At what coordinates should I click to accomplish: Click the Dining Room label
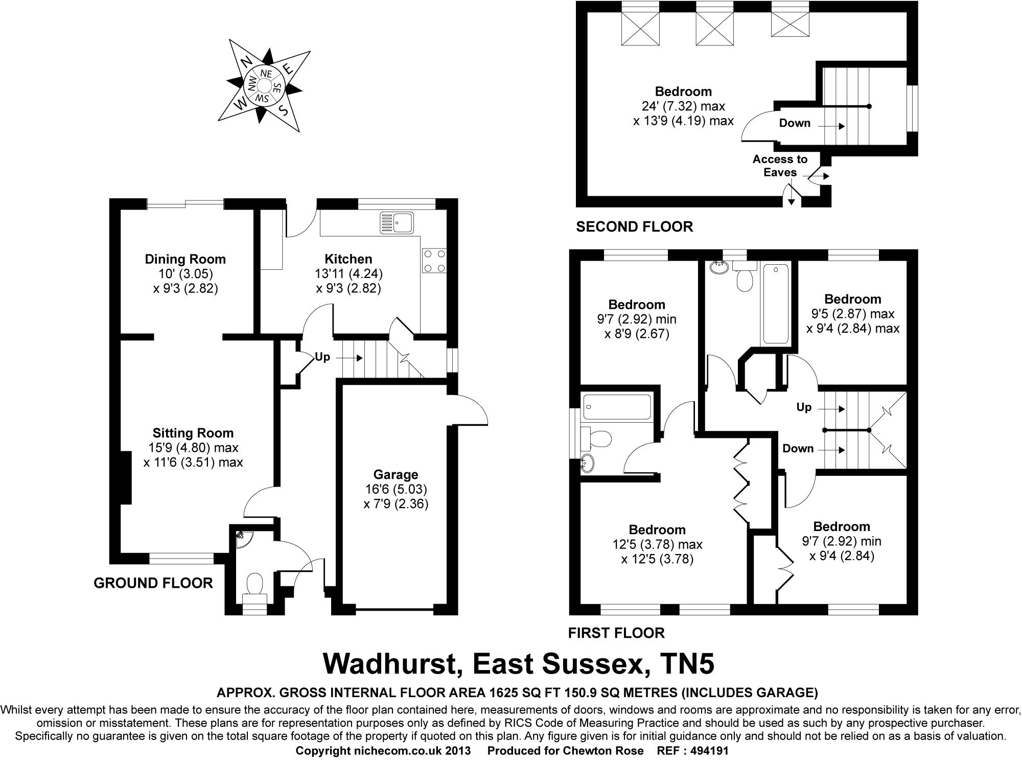(185, 259)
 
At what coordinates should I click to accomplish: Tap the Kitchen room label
(349, 259)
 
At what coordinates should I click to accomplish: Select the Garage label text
(396, 474)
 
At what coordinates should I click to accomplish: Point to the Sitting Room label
(193, 433)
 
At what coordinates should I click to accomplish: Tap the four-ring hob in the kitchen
(434, 261)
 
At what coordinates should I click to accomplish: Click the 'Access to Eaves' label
(780, 166)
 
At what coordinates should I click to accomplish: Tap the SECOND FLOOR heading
(634, 227)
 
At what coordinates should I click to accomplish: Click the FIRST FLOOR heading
(616, 633)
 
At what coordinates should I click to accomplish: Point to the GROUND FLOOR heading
(153, 583)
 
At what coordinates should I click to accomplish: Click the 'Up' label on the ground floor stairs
(322, 357)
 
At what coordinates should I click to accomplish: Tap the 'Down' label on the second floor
(795, 123)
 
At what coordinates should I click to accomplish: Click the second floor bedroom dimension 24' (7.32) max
(683, 106)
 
